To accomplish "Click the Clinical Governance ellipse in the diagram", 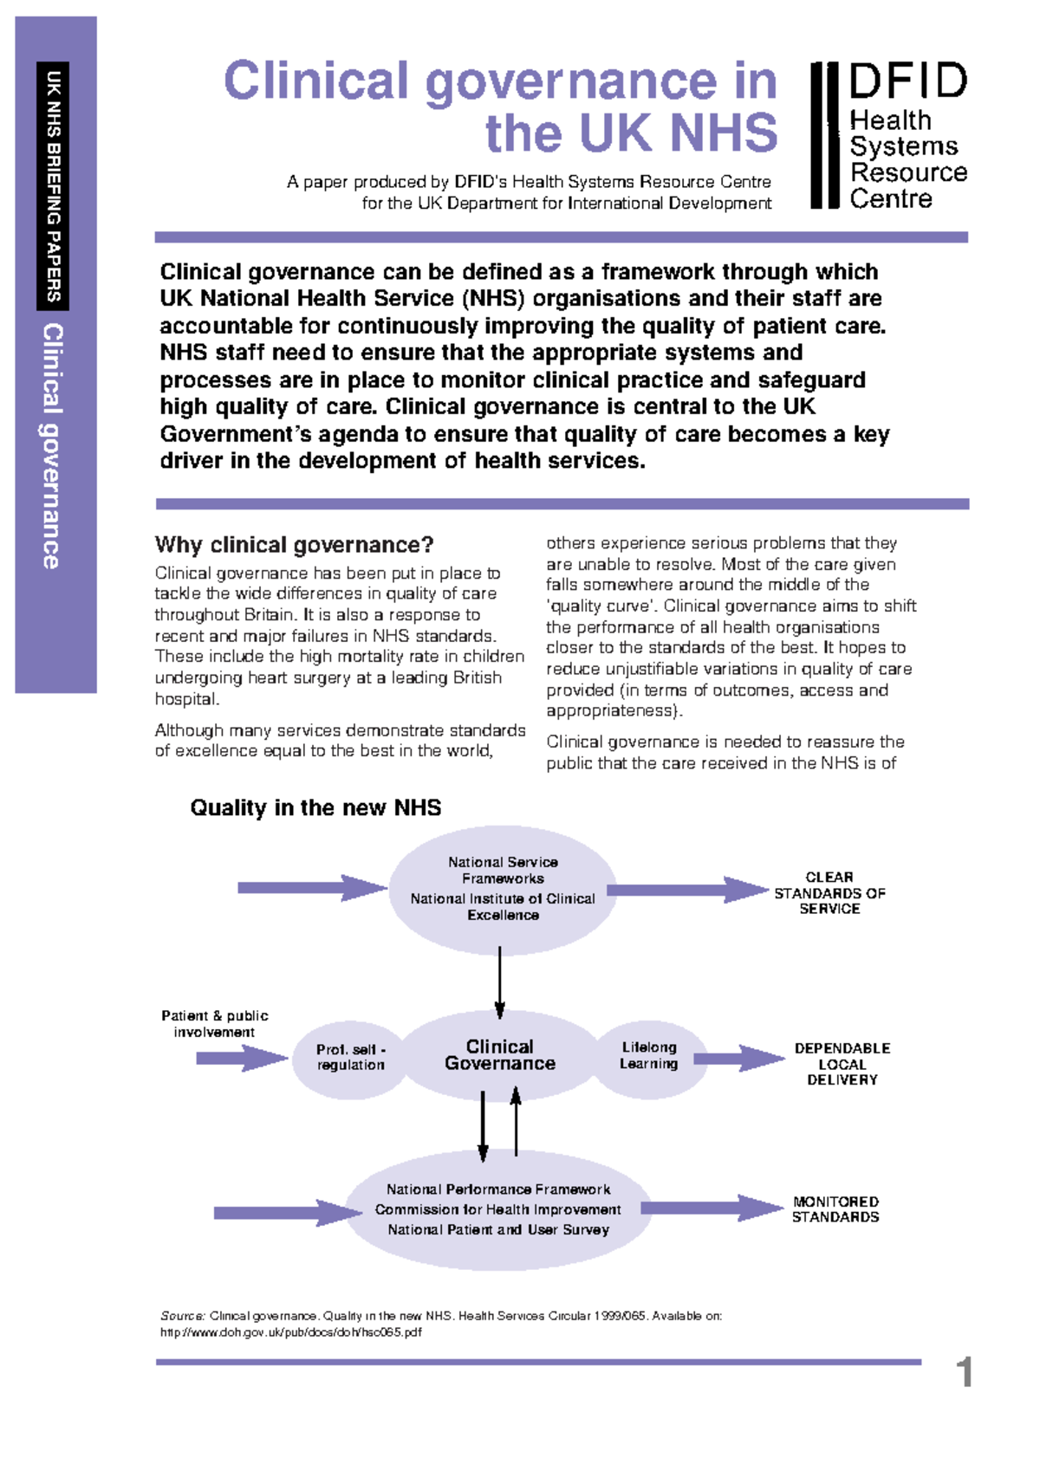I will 500,1056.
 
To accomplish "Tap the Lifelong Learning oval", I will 649,1056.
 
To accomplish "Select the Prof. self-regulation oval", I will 350,1058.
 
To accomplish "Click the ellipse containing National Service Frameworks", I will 503,889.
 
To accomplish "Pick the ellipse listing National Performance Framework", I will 498,1209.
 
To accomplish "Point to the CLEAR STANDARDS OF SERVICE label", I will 829,893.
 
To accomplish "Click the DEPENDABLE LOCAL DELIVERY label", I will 842,1064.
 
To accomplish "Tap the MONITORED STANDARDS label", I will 835,1209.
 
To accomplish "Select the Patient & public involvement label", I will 215,1023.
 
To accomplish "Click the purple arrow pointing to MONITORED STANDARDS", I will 711,1208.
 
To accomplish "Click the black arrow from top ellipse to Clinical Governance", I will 499,982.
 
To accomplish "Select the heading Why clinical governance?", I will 294,545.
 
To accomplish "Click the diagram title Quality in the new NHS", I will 315,807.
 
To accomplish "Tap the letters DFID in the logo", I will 907,81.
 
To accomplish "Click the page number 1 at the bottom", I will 964,1372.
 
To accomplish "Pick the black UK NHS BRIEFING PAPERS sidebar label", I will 53,186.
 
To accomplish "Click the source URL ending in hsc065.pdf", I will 290,1332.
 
